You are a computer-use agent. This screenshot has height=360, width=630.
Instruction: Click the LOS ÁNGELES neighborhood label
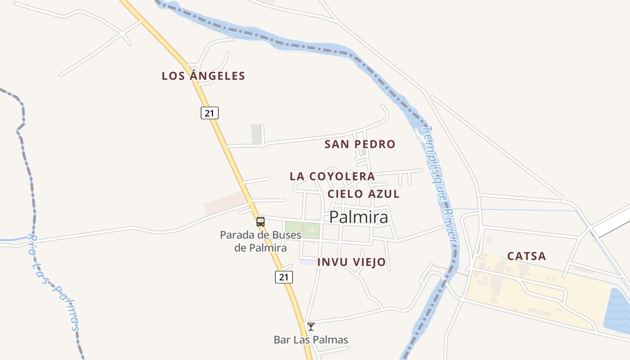coord(203,76)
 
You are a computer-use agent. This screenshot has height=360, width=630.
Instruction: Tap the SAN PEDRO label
coord(360,144)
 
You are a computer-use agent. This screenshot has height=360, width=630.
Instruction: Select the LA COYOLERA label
coord(332,176)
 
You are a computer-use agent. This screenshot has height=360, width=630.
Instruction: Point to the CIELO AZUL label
coord(363,194)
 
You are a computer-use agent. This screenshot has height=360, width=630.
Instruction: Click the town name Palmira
coord(359,217)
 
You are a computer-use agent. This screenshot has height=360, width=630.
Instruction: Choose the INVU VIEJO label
coord(351,262)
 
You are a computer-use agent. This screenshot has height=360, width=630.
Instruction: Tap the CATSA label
coord(526,256)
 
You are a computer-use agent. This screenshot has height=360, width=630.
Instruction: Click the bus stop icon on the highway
coord(261,221)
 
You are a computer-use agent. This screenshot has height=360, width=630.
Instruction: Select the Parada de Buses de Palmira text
coord(261,241)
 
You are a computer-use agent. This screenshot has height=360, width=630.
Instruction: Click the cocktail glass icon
coord(311,327)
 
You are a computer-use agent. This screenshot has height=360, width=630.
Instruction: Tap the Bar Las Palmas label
coord(311,340)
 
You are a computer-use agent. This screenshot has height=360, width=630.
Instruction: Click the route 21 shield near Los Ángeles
coord(209,113)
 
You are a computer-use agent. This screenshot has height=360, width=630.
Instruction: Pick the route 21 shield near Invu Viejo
coord(283,277)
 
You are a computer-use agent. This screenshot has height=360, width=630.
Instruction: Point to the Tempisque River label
coord(441,184)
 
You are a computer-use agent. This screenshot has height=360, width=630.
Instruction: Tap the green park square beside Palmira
coord(302,229)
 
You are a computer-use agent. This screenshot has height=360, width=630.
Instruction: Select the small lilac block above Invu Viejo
coord(308,262)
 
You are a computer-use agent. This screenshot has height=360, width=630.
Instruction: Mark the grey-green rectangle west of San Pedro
coord(256,134)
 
